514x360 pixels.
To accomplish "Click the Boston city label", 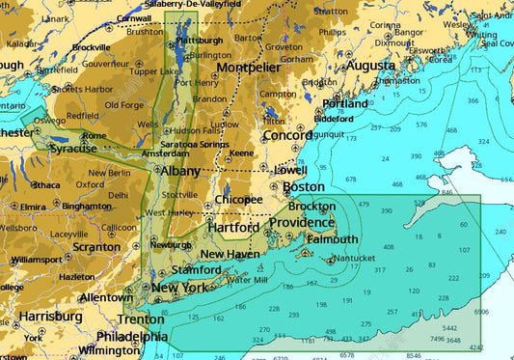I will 303,186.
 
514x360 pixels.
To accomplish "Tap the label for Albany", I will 179,171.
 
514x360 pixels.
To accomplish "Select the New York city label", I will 179,288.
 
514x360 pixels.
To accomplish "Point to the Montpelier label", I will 249,67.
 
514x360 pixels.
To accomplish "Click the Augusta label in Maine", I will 369,66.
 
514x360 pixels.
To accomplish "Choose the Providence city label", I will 301,223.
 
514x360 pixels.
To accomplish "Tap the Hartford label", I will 233,228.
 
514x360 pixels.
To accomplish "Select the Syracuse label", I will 72,150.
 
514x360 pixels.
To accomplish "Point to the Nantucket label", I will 354,259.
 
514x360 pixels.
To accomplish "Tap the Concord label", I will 286,135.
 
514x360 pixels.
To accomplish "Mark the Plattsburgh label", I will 201,41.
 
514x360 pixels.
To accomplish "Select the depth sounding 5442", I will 449,328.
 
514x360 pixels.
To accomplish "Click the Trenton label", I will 141,318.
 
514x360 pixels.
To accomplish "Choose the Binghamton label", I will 86,206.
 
